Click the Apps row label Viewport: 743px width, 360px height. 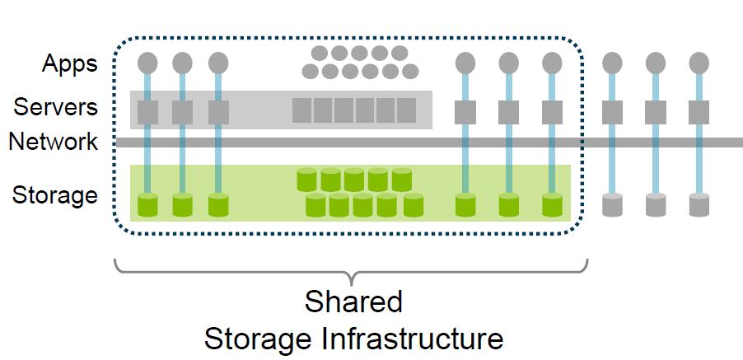(69, 63)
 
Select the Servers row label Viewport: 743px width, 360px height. (55, 107)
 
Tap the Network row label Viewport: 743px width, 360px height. (54, 142)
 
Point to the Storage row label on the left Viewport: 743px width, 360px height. (55, 196)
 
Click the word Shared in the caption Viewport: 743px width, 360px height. (353, 302)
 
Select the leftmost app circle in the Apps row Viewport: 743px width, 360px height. (147, 63)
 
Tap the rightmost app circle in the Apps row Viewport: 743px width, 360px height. (699, 63)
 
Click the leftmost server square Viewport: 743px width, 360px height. (147, 110)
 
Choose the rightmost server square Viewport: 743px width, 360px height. (699, 110)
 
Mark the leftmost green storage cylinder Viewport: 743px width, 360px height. (147, 204)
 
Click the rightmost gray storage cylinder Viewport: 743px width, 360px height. (699, 204)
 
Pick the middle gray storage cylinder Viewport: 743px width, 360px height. (655, 204)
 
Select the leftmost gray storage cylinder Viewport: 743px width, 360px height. (611, 204)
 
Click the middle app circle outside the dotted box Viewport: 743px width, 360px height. (655, 63)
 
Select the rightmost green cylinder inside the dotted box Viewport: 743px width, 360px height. (552, 204)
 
